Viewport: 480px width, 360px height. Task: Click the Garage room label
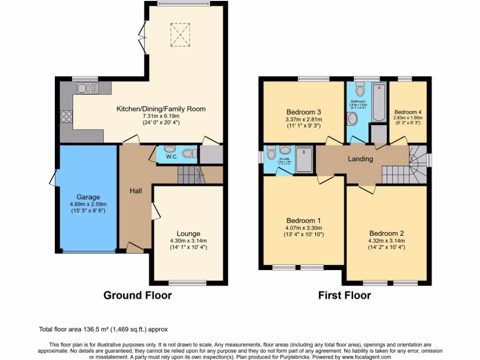88,197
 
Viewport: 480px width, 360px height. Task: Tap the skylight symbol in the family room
179,35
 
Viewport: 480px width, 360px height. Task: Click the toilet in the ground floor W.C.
189,153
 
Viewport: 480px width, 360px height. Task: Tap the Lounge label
188,233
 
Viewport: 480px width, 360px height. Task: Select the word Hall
136,191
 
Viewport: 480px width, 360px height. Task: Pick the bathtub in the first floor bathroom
378,103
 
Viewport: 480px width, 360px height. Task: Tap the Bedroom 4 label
408,112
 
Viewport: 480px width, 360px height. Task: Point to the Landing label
360,159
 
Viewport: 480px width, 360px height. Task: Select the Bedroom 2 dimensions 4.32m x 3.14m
387,241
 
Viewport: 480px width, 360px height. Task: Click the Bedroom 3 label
304,112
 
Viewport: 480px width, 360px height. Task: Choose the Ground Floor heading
137,295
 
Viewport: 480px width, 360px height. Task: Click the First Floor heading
345,295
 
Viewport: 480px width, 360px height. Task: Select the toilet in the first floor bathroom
360,89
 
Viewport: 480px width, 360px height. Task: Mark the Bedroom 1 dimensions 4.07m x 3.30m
304,228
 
